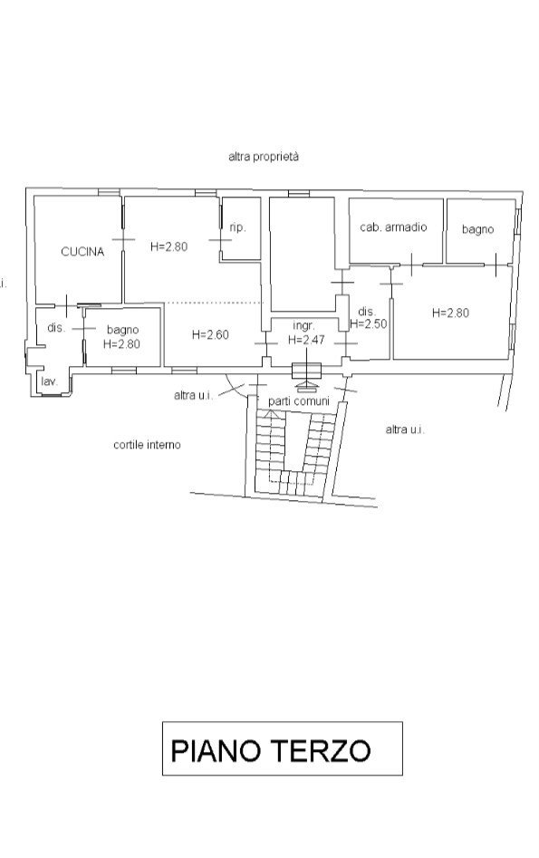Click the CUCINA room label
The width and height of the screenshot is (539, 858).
click(82, 252)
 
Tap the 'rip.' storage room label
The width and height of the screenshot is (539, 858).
click(237, 227)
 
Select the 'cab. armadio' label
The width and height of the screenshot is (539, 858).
click(393, 227)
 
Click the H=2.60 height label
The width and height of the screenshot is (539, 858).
click(211, 334)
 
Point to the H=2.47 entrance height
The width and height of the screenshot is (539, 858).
click(306, 340)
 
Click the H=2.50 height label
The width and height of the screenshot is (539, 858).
click(369, 323)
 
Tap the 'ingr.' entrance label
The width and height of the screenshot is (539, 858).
click(303, 327)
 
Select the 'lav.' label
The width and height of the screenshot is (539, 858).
click(49, 381)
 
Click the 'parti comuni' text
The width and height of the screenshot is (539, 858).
click(299, 401)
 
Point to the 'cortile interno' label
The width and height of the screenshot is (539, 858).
click(147, 445)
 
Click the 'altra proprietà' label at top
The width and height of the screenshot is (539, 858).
click(264, 157)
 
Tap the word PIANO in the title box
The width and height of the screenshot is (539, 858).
click(215, 751)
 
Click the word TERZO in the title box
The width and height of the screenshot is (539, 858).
click(320, 751)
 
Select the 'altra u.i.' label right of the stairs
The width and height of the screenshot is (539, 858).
click(405, 429)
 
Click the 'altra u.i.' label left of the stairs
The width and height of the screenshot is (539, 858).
click(193, 394)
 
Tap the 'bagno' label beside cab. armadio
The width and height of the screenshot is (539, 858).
click(477, 229)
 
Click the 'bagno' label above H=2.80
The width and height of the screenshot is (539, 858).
click(122, 330)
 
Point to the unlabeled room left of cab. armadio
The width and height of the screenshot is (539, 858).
click(302, 254)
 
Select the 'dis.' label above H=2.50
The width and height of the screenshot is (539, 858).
click(366, 312)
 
